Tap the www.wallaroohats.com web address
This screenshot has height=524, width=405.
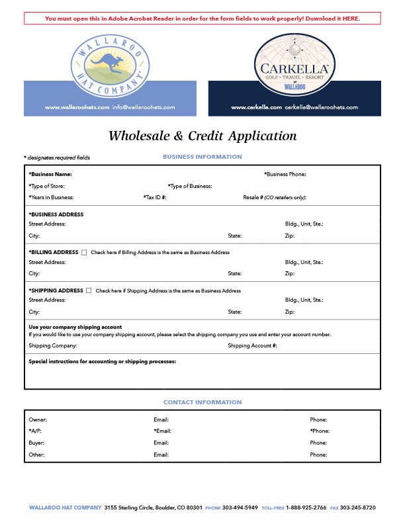[77, 107]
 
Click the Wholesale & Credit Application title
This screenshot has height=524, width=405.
[202, 136]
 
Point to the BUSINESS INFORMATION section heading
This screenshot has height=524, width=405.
[202, 157]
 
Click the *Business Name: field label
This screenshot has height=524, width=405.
[50, 175]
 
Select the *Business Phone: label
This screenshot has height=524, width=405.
[285, 175]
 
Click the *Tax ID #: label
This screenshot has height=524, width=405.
[155, 197]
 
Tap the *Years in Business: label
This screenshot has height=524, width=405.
[51, 197]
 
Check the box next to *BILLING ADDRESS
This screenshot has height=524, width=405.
[84, 252]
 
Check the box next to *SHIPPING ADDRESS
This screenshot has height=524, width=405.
[89, 290]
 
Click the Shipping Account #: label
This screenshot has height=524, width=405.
[252, 345]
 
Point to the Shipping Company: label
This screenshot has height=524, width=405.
[53, 345]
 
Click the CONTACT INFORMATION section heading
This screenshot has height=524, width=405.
[202, 402]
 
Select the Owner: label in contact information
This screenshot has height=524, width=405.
[38, 419]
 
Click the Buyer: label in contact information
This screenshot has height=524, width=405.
[37, 443]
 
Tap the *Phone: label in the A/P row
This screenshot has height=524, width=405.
[319, 431]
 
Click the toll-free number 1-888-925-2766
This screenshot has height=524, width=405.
[306, 507]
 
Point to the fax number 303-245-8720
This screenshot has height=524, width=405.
[358, 507]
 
